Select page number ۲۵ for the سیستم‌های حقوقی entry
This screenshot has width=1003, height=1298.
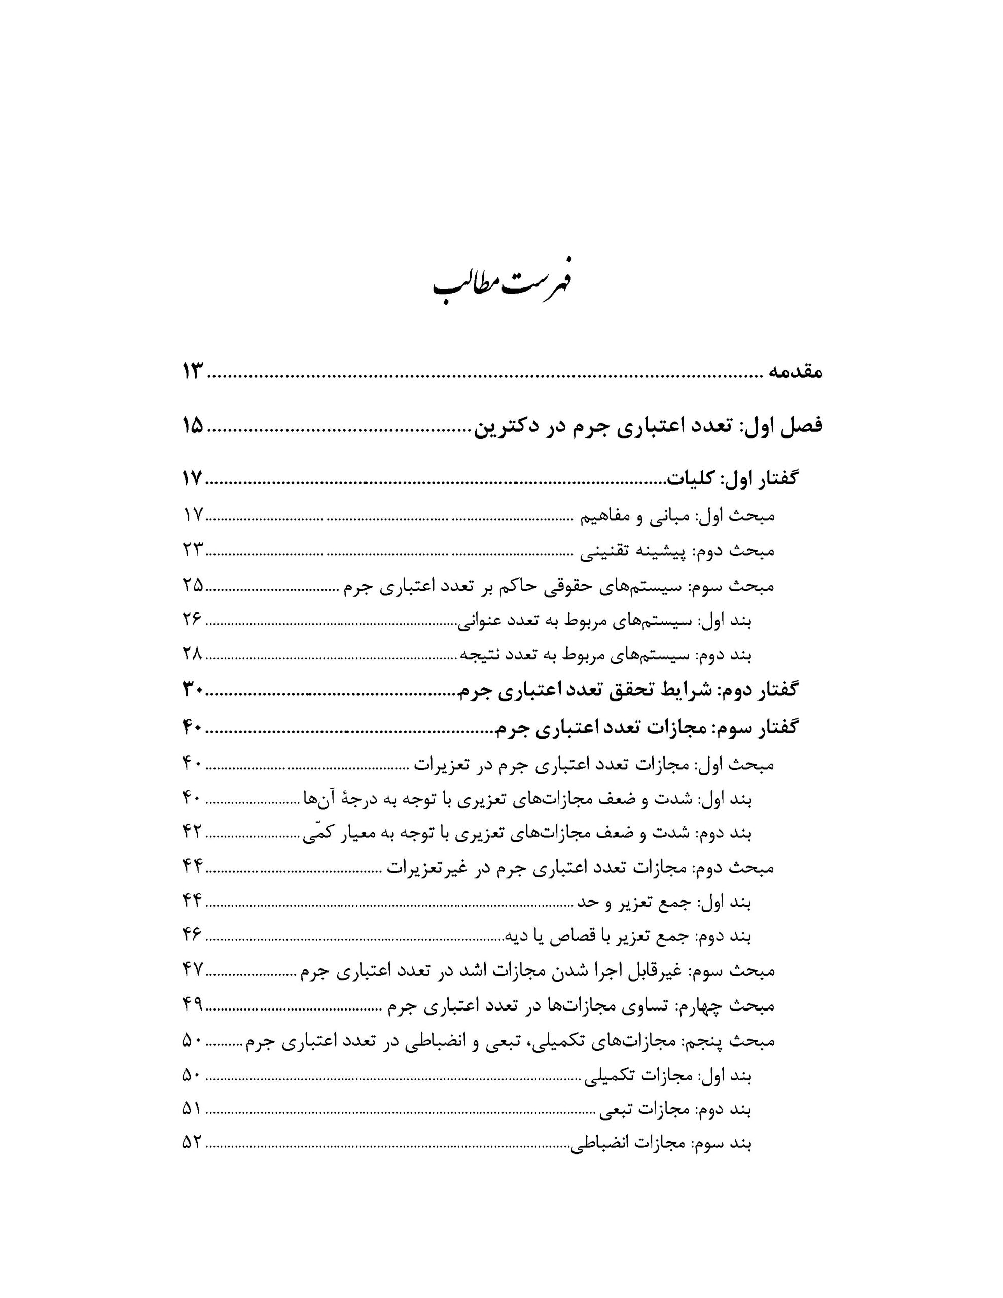tap(193, 585)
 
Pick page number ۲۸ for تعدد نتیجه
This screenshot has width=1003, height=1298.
tap(193, 655)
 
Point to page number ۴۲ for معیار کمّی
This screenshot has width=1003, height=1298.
tap(193, 833)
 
